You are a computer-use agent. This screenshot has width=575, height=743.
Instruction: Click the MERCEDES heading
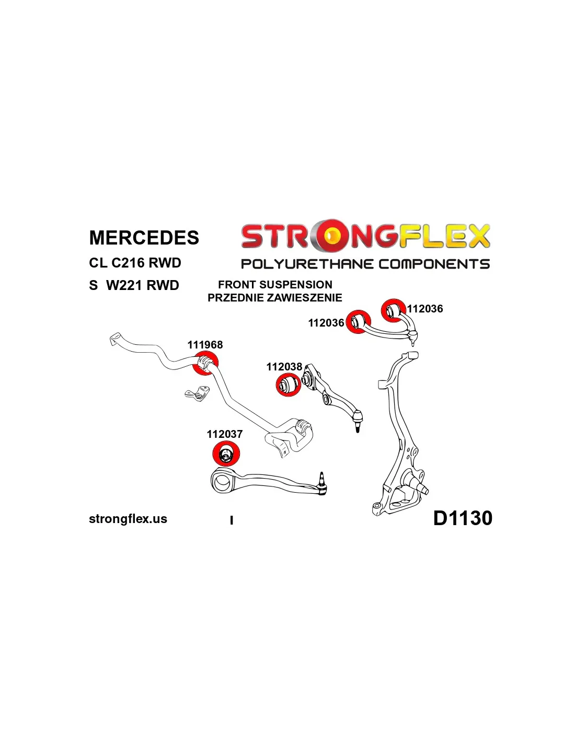coord(144,238)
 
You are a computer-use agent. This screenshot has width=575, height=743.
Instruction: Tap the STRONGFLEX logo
coord(365,236)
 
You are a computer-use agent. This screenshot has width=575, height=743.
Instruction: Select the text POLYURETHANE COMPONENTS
coord(365,264)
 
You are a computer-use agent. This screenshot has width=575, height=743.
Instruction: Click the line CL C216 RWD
coord(135,263)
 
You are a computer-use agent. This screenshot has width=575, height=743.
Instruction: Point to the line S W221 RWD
coord(134,285)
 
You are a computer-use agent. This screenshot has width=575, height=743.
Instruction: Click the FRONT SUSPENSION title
coord(275,285)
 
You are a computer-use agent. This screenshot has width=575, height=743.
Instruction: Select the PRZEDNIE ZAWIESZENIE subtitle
coord(275,298)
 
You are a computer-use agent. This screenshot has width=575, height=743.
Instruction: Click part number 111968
coord(205,345)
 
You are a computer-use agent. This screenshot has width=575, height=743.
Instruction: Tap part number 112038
coord(284,367)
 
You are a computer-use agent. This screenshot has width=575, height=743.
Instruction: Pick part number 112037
coord(224,434)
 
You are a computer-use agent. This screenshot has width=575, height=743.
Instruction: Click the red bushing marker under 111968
coord(205,363)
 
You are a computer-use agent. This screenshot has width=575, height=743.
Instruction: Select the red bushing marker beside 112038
coord(288,385)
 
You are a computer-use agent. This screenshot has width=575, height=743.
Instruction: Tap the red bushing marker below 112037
coord(226,454)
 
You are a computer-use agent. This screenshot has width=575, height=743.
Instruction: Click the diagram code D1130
coord(463,518)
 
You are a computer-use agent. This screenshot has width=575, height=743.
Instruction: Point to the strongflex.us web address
coord(128,519)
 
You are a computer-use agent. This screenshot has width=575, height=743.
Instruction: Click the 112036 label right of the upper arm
coord(425,309)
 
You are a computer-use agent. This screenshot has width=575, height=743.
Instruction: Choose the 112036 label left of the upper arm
coord(326,323)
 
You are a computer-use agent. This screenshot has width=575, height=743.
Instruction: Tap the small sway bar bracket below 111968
coord(197,393)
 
